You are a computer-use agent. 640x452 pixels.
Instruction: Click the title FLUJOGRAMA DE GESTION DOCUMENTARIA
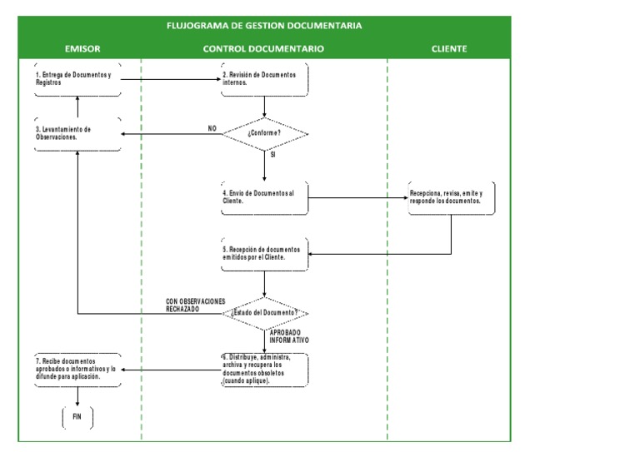264,26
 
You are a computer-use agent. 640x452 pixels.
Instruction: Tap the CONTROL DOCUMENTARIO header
263,49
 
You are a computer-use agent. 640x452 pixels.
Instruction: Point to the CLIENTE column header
449,49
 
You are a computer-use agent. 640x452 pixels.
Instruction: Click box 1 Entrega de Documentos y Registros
77,79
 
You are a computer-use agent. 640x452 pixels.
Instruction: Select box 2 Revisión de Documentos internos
264,79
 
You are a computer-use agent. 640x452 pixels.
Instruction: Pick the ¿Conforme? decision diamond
264,133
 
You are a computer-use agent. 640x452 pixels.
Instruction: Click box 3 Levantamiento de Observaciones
77,133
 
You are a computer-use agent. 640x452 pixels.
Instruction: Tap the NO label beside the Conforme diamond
212,128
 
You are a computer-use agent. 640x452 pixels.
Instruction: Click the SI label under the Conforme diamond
273,155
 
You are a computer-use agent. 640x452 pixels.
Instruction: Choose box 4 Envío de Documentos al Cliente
264,198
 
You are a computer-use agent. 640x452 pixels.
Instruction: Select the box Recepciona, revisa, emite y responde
451,198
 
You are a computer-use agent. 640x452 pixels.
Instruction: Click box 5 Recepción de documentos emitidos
264,254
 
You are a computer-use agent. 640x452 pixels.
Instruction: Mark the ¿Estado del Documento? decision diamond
264,313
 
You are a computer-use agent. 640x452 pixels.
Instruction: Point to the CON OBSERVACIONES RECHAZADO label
195,305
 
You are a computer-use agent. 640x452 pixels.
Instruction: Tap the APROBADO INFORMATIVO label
288,336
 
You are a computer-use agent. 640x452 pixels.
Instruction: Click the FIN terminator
77,417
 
